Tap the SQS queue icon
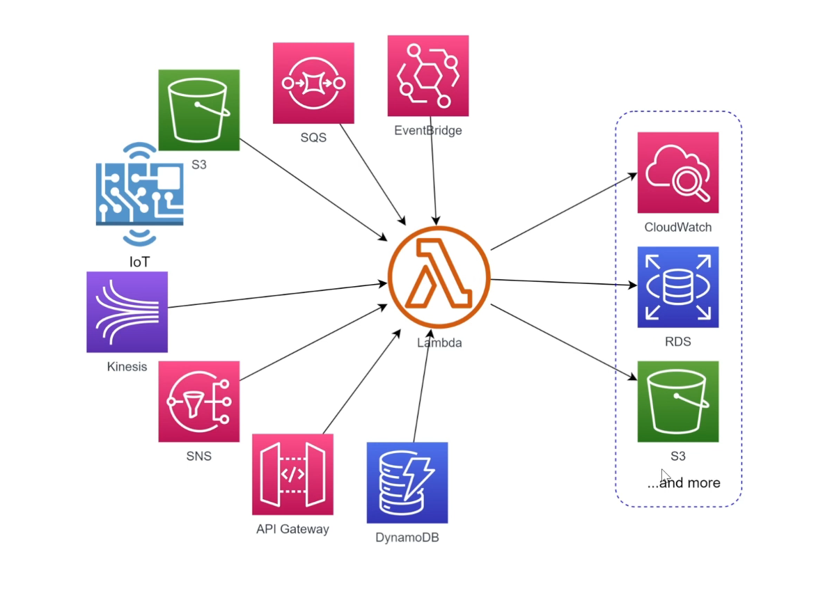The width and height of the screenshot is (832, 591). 313,83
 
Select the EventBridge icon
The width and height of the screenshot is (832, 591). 427,76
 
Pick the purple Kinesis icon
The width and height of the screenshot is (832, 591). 127,312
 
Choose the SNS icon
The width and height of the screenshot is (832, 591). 198,401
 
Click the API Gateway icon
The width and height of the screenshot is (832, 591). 292,475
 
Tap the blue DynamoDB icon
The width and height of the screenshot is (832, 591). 407,482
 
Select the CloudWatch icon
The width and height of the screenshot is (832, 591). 677,173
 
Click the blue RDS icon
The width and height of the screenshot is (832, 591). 677,287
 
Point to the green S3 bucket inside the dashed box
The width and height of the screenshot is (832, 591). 677,401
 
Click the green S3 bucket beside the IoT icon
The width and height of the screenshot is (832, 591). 198,109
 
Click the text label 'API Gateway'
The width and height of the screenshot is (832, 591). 292,529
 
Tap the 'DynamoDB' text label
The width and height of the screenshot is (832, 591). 407,537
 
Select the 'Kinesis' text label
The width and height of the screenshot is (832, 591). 127,367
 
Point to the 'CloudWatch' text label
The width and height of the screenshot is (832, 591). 677,228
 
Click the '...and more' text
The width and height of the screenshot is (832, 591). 684,483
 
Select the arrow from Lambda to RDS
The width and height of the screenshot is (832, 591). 564,283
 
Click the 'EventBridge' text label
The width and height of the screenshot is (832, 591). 427,130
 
